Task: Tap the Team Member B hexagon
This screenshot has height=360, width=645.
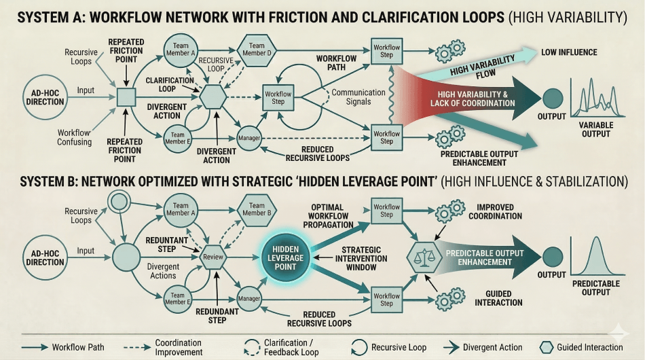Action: click(256, 209)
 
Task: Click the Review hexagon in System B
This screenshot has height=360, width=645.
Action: click(213, 257)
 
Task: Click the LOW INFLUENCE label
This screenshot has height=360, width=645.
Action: click(569, 52)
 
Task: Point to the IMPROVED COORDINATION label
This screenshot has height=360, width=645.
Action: click(494, 212)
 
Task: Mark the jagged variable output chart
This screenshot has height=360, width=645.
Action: click(595, 101)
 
